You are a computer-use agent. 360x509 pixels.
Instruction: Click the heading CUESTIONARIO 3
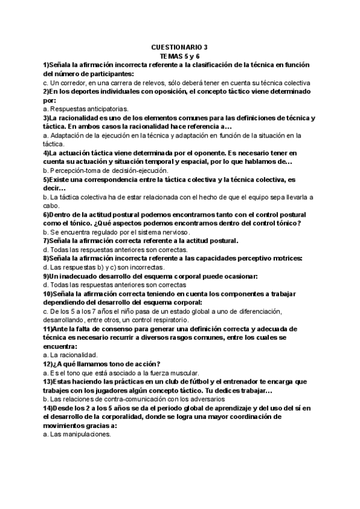179,46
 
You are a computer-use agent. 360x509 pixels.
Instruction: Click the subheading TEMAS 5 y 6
179,55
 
